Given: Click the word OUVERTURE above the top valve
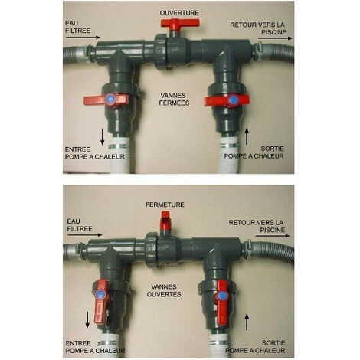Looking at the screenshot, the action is coord(179,13).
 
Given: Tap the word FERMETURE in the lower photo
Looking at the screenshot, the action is coord(165,205).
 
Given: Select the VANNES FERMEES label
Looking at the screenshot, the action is coord(175,99).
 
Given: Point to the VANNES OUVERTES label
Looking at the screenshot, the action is coord(164,290).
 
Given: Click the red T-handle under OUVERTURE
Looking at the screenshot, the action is coord(180,24).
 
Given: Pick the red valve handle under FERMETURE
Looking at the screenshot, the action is coord(165,220).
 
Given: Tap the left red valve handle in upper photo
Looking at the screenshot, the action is coord(106,100).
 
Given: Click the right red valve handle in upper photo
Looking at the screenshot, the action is coord(227,100).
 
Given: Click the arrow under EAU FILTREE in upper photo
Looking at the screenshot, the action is coord(83,38).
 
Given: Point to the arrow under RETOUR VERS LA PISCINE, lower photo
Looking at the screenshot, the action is coord(273,236).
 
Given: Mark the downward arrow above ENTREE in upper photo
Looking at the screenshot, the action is coord(103,137).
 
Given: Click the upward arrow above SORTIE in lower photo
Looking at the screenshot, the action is coord(247,322).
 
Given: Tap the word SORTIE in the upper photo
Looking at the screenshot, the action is coord(273,149).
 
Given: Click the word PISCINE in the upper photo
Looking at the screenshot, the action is coord(274,32).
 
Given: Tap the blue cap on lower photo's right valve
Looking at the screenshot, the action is coord(221,296).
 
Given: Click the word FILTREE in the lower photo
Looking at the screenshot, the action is coord(80,228).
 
